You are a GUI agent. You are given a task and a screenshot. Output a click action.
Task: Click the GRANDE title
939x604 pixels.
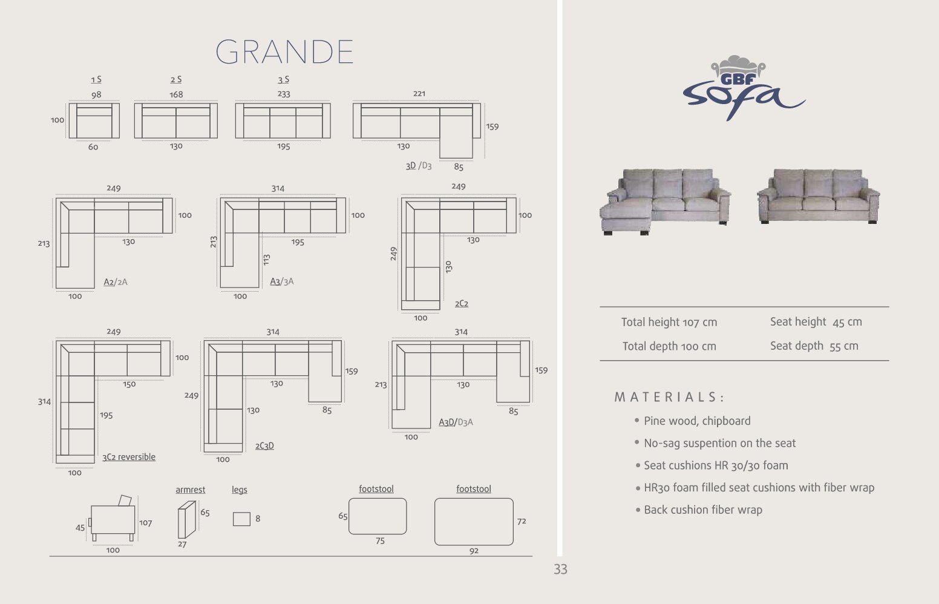[x=284, y=52]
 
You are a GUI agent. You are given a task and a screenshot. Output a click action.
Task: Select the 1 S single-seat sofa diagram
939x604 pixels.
[x=94, y=120]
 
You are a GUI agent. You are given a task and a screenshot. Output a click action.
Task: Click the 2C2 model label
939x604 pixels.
[x=462, y=304]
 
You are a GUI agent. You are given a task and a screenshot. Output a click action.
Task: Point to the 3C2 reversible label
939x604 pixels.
[x=129, y=457]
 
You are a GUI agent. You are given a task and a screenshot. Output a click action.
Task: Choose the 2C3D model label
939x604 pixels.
[x=264, y=446]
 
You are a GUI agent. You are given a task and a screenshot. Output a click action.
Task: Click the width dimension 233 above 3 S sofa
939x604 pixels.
[x=284, y=94]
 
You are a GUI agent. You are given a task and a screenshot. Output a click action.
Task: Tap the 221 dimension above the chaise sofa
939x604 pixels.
[x=419, y=94]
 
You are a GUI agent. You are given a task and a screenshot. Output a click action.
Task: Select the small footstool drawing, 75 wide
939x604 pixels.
[x=378, y=516]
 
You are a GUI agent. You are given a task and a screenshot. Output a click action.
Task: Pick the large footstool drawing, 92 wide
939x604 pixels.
[x=474, y=522]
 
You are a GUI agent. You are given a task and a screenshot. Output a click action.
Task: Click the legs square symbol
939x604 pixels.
[x=241, y=519]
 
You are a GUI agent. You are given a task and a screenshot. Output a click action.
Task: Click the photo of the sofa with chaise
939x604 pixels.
[x=665, y=200]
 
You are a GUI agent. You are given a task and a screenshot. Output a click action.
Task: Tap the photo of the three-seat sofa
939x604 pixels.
[x=818, y=196]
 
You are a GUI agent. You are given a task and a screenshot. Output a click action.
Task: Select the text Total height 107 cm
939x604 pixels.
[x=669, y=323]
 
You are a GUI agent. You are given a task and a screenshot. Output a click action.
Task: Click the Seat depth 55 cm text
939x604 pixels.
[x=814, y=346]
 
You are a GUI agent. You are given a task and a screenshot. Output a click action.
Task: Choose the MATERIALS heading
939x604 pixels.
[x=669, y=398]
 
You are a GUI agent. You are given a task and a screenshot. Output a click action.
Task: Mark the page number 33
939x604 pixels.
[x=560, y=570]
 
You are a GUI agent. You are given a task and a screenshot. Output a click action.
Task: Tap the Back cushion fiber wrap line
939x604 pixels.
[x=702, y=510]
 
